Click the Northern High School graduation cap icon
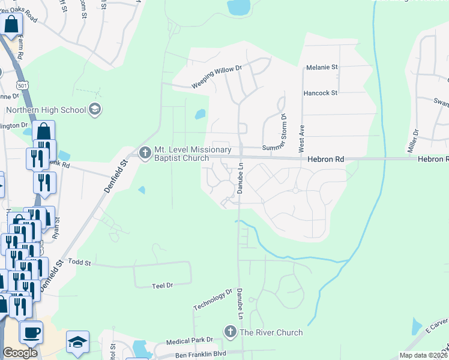pyautogui.click(x=95, y=109)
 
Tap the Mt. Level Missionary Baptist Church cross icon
pyautogui.click(x=145, y=153)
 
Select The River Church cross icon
pyautogui.click(x=230, y=332)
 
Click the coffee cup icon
pyautogui.click(x=31, y=332)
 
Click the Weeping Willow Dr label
pyautogui.click(x=216, y=77)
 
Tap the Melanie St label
pyautogui.click(x=322, y=67)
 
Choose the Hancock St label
pyautogui.click(x=321, y=93)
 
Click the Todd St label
pyautogui.click(x=79, y=262)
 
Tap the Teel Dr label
pyautogui.click(x=162, y=286)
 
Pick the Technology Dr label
pyautogui.click(x=212, y=299)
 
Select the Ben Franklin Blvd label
pyautogui.click(x=200, y=354)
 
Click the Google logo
pyautogui.click(x=20, y=353)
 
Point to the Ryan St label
pyautogui.click(x=56, y=229)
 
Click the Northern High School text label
pyautogui.click(x=45, y=110)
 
